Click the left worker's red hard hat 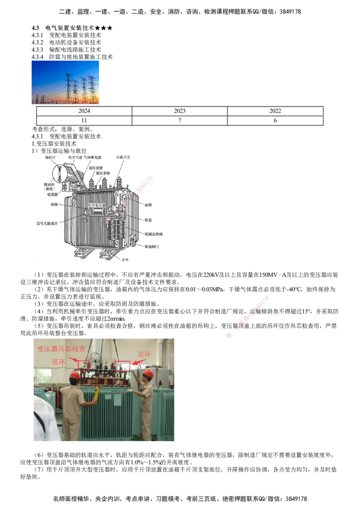point(75,375)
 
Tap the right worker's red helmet point(148,374)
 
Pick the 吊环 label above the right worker point(144,354)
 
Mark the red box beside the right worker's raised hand point(122,366)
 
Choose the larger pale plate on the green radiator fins point(117,400)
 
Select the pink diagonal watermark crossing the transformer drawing point(130,198)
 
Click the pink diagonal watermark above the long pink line point(247,317)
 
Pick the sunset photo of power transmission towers point(65,82)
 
